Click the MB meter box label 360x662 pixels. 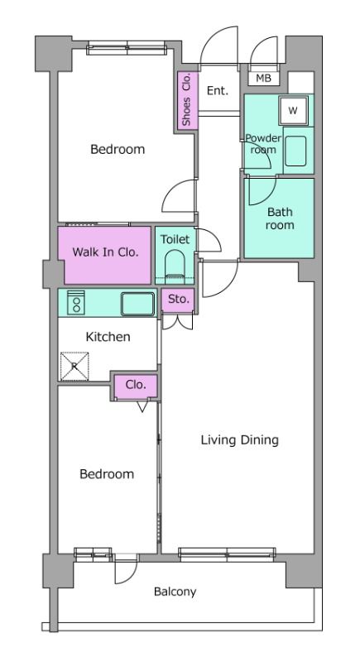pyautogui.click(x=263, y=78)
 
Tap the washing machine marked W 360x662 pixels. pyautogui.click(x=293, y=110)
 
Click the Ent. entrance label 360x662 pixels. pyautogui.click(x=218, y=90)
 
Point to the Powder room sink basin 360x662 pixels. pyautogui.click(x=295, y=151)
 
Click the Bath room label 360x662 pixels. pyautogui.click(x=280, y=218)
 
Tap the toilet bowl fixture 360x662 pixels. pyautogui.click(x=175, y=266)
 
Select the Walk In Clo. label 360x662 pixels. pyautogui.click(x=105, y=252)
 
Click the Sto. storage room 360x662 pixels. pyautogui.click(x=178, y=300)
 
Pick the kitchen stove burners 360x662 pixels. pyautogui.click(x=76, y=302)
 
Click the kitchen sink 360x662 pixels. pyautogui.click(x=137, y=304)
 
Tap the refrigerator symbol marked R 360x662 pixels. pyautogui.click(x=74, y=366)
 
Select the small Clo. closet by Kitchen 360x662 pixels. pyautogui.click(x=137, y=386)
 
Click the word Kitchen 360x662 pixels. pyautogui.click(x=108, y=337)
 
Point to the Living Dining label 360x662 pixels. pyautogui.click(x=240, y=440)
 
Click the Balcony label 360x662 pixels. pyautogui.click(x=175, y=592)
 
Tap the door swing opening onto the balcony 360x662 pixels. pyautogui.click(x=126, y=572)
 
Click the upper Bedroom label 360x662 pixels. pyautogui.click(x=118, y=149)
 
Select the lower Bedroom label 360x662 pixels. pyautogui.click(x=107, y=473)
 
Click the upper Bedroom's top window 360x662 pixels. pyautogui.click(x=127, y=48)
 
